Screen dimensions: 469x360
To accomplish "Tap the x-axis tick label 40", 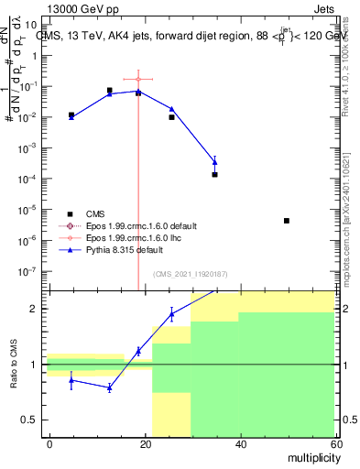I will (x=240, y=443).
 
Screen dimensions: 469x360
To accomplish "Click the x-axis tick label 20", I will (x=145, y=443).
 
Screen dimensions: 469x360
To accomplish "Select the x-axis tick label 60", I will (x=334, y=443).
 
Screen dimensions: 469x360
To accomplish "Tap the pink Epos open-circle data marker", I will (x=138, y=80).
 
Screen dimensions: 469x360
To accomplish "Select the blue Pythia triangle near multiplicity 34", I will (x=214, y=162).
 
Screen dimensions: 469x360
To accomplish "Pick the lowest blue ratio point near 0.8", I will (x=109, y=388).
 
